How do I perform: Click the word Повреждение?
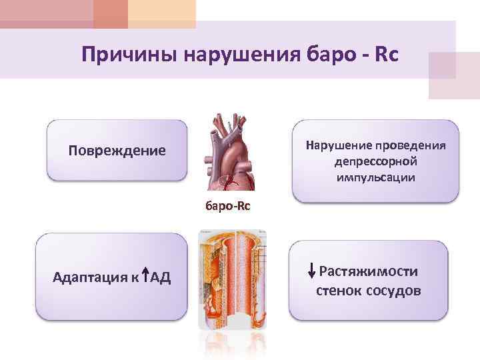coord(117,150)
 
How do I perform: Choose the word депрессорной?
coord(375,162)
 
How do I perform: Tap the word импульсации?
coord(375,178)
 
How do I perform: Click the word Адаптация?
coord(89,277)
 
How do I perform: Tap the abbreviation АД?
coord(161,277)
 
